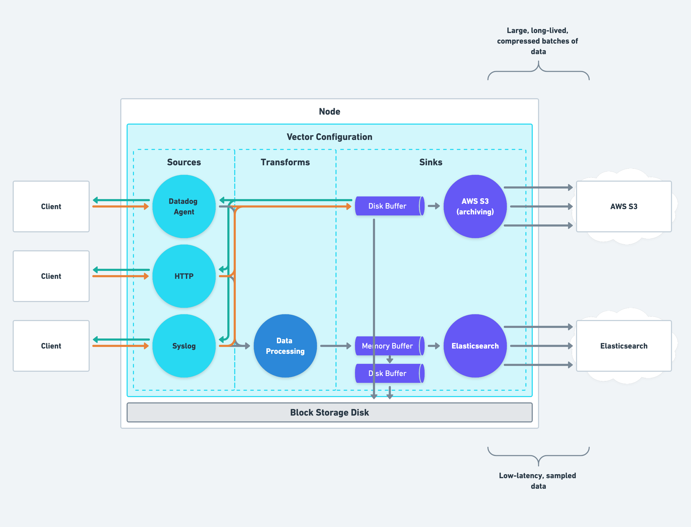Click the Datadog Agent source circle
[x=184, y=206]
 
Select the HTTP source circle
[x=184, y=276]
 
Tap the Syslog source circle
[x=184, y=346]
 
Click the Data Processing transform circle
[x=285, y=346]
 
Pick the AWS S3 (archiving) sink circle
[x=475, y=206]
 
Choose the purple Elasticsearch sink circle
[x=475, y=346]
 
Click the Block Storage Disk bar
[x=329, y=412]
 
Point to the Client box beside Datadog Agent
[x=51, y=206]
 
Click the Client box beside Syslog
[x=51, y=346]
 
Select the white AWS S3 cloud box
[x=624, y=206]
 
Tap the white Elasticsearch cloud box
[x=624, y=346]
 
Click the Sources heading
[x=184, y=162]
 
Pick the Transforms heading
[x=285, y=162]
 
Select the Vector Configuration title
[x=329, y=137]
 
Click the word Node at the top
[x=329, y=111]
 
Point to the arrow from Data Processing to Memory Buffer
[x=335, y=346]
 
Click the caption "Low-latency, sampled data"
[x=538, y=481]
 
